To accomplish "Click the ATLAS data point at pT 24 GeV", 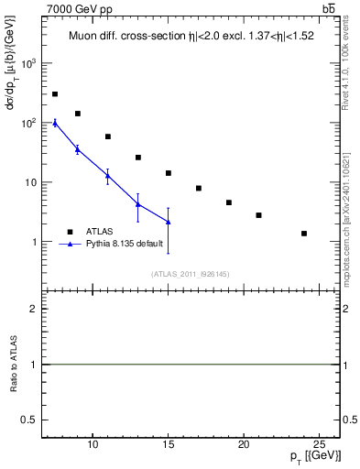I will pyautogui.click(x=304, y=234).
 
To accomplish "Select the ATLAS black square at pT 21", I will pyautogui.click(x=259, y=215).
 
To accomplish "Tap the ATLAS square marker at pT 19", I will pyautogui.click(x=229, y=202).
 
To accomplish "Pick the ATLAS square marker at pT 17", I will pyautogui.click(x=199, y=189).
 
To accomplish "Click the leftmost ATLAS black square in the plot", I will pyautogui.click(x=55, y=94).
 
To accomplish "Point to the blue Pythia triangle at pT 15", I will pyautogui.click(x=169, y=222).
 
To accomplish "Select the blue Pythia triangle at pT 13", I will pyautogui.click(x=138, y=204).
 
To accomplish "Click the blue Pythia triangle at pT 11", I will pyautogui.click(x=108, y=175).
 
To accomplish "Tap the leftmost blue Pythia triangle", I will pyautogui.click(x=55, y=123).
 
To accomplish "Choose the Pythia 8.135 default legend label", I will pyautogui.click(x=125, y=244).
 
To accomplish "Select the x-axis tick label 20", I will pyautogui.click(x=244, y=445).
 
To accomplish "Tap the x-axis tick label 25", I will pyautogui.click(x=319, y=445).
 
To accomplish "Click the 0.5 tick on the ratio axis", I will pyautogui.click(x=32, y=420).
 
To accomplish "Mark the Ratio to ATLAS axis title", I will pyautogui.click(x=16, y=365).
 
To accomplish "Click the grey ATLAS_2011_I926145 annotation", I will pyautogui.click(x=191, y=275).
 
